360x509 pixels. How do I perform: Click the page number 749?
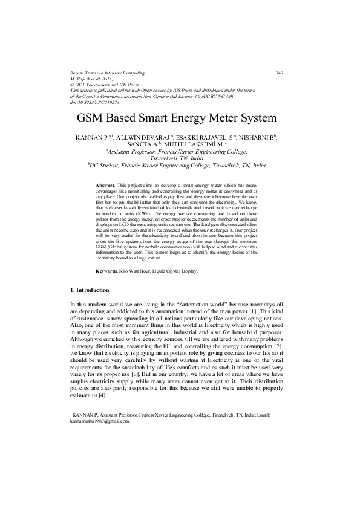279,73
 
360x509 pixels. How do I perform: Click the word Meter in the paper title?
221,118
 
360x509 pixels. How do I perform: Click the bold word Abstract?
105,184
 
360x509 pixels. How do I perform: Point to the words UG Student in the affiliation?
105,164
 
